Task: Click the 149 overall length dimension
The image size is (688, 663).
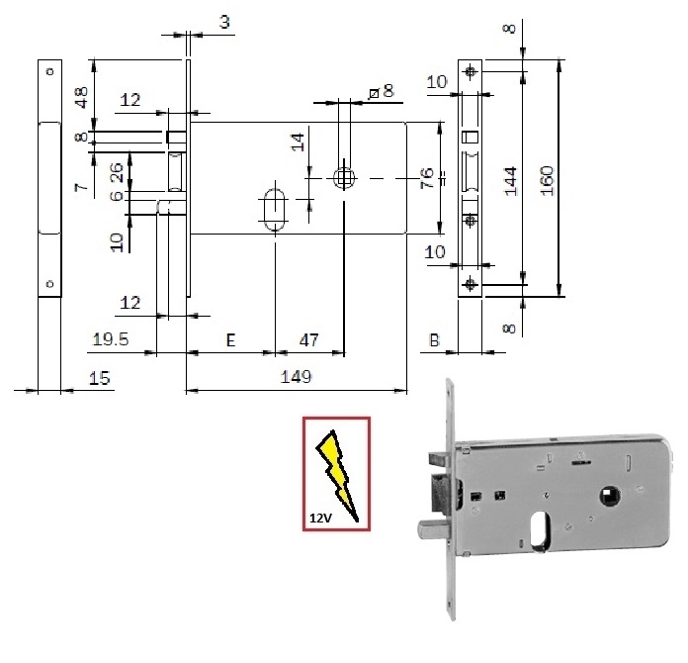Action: coord(297,377)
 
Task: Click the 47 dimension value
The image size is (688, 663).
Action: coord(308,339)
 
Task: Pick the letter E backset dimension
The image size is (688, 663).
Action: coord(229,339)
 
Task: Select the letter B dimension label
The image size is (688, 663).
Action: coord(434,339)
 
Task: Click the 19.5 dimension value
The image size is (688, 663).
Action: coord(111,339)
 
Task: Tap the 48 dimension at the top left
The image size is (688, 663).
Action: coord(82,97)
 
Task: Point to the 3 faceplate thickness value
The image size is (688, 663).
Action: coord(225,22)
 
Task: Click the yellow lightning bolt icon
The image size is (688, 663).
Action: coord(335,471)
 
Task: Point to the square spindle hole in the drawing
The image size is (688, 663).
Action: coord(343,178)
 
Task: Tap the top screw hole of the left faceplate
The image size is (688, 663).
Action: coord(45,72)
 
